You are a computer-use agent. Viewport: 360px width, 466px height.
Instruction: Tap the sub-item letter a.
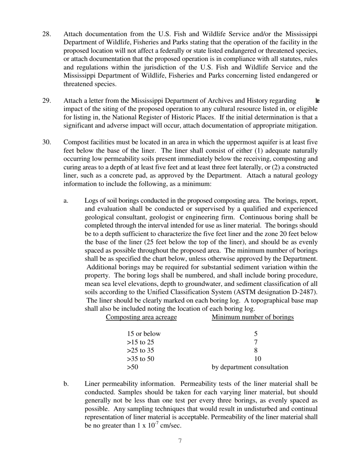coord(66,200)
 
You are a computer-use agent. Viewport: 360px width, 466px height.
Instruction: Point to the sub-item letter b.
coord(66,384)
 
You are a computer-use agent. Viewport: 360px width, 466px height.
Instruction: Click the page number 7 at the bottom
coord(180,441)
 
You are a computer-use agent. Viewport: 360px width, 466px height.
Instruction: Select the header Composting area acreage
coord(141,317)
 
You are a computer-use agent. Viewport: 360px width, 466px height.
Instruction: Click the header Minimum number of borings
coord(252,317)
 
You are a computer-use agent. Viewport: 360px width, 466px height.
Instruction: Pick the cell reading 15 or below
coord(144,334)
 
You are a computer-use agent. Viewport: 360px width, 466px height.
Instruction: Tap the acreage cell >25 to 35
coord(141,350)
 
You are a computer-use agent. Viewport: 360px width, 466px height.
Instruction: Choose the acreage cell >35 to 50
coord(141,359)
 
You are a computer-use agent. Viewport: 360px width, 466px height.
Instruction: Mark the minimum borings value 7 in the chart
coord(256,342)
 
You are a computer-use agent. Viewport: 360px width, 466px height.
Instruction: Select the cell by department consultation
coord(250,367)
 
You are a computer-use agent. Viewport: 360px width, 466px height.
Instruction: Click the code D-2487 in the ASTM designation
coord(303,292)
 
